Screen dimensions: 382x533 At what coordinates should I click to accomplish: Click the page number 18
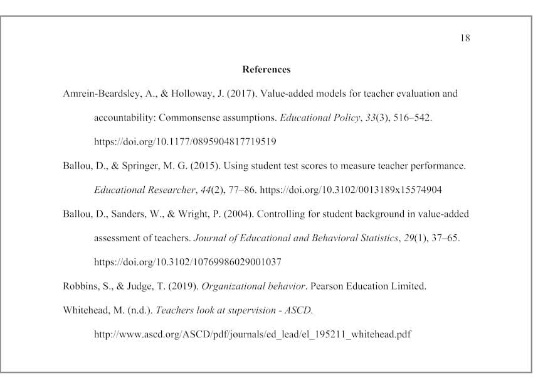465,38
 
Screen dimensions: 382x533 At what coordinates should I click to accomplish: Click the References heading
266,69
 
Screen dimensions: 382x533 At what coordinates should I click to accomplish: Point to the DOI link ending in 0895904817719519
185,141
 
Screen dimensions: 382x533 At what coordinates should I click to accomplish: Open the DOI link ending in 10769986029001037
187,262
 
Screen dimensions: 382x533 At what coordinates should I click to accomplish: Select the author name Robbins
80,286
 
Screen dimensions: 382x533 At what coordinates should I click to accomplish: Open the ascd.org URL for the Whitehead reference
252,334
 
